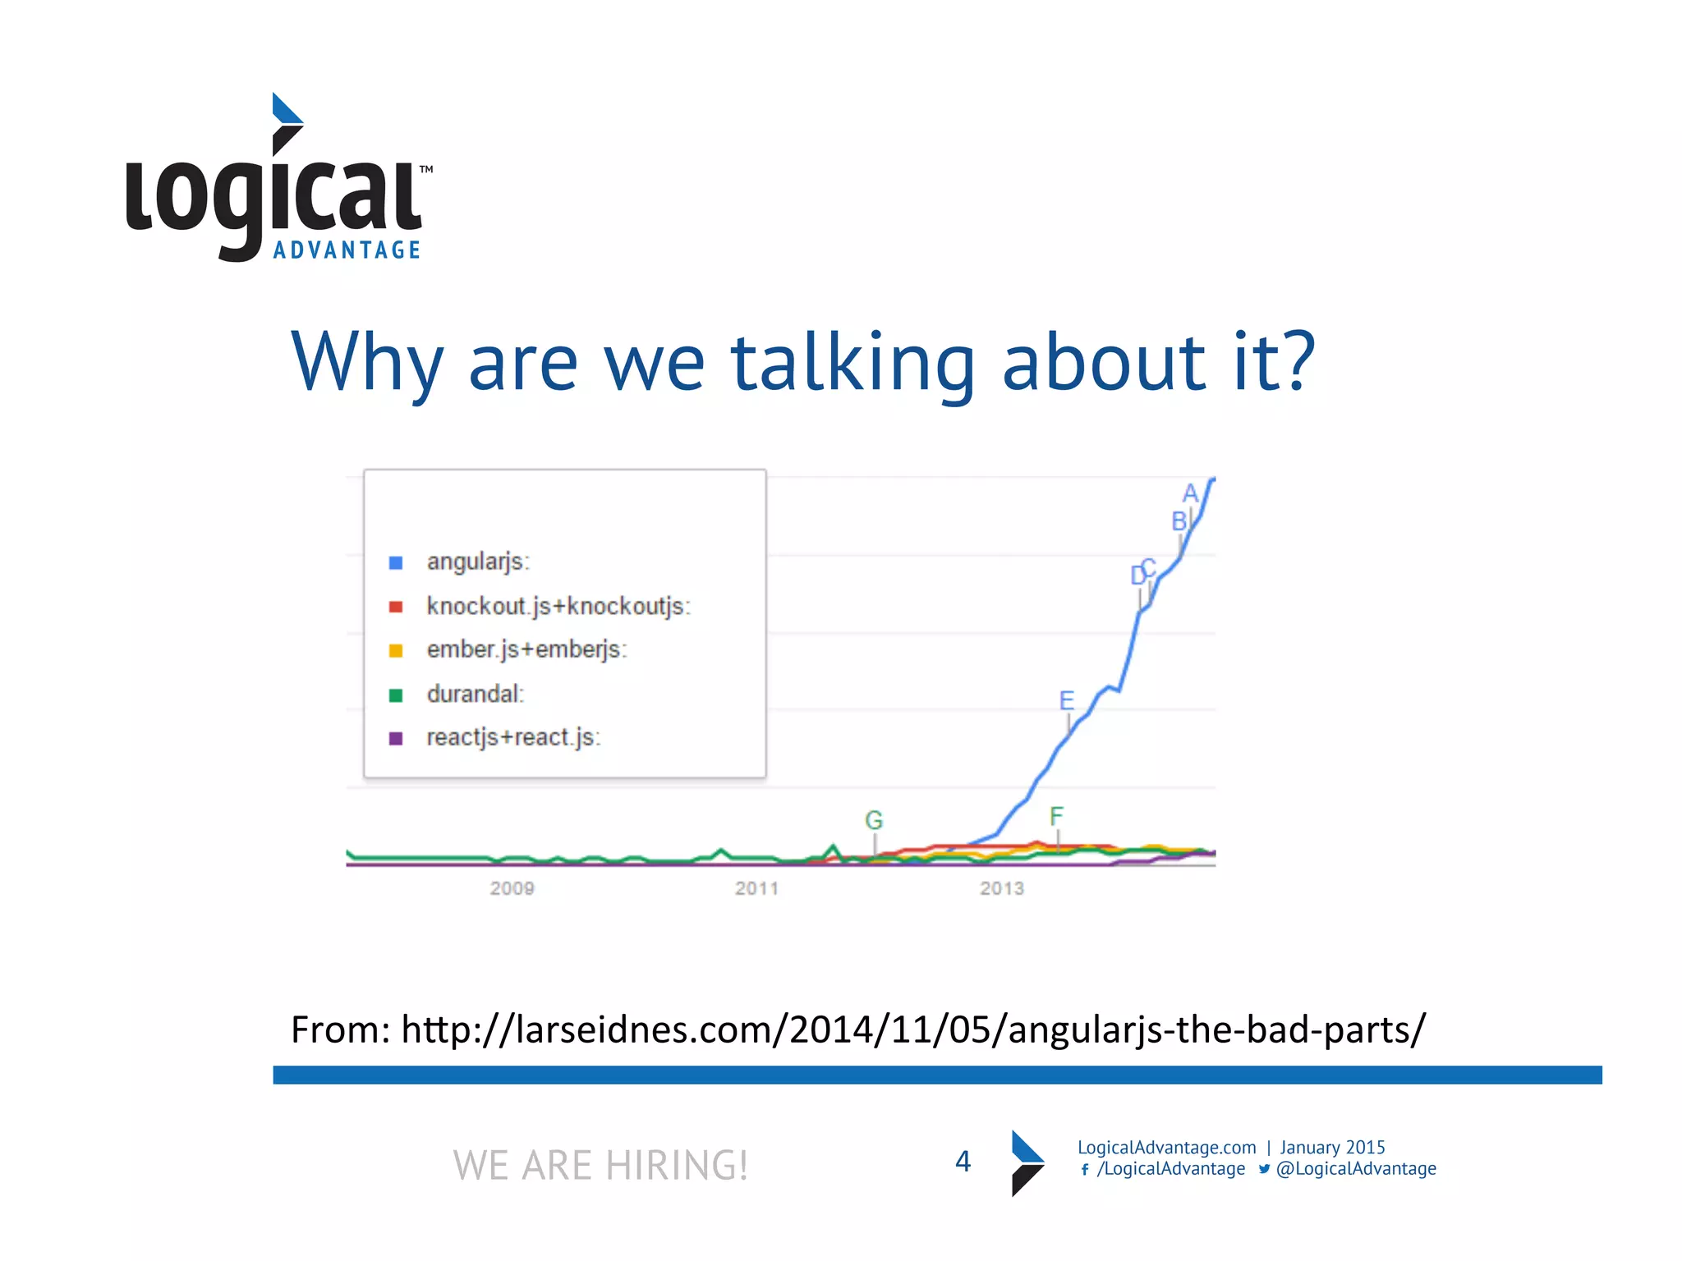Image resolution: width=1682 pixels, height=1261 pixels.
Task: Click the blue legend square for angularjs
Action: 395,562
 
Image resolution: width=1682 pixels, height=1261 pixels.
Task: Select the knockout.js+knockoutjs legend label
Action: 558,607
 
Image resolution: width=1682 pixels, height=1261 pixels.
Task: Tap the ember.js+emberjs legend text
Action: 526,650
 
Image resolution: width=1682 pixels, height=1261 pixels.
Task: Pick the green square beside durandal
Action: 395,695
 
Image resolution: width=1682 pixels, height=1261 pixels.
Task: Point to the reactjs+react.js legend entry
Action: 513,738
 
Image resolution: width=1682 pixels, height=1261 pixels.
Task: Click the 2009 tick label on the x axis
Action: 512,888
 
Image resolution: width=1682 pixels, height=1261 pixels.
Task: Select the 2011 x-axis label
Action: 756,888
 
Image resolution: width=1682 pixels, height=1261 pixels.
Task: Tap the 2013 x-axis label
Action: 1001,888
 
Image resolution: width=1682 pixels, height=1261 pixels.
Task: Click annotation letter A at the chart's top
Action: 1190,493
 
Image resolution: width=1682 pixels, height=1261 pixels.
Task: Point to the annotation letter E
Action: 1066,700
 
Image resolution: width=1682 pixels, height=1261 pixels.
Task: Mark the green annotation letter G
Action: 874,820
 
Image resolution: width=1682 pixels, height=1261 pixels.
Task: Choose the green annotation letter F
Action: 1056,816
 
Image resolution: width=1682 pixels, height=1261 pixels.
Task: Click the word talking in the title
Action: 853,363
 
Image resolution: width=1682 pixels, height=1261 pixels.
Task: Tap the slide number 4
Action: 963,1162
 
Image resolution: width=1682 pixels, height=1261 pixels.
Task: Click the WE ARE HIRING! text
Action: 600,1165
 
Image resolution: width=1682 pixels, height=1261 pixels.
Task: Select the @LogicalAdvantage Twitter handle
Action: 1355,1169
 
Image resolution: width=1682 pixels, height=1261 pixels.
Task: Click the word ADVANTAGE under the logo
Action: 347,250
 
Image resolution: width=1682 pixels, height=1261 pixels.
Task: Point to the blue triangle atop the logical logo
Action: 284,109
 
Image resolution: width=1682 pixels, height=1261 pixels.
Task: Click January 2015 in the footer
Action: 1332,1148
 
